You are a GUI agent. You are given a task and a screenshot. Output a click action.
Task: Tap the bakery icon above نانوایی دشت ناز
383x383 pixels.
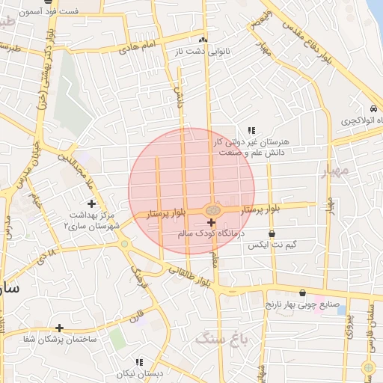[x=203, y=40]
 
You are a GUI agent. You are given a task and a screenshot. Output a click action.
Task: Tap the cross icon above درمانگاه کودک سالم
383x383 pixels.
[x=211, y=222]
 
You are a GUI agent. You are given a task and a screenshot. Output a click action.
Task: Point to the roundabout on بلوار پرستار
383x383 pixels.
[x=213, y=211]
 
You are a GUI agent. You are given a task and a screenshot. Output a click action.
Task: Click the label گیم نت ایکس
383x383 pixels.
[x=272, y=245]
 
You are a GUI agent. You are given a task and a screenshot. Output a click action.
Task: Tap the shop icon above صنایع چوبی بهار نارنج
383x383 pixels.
[x=302, y=293]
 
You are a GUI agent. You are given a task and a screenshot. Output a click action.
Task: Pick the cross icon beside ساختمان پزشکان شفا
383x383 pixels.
[x=59, y=328]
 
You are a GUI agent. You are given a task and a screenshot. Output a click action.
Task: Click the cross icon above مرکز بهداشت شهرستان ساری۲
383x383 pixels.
[x=91, y=203]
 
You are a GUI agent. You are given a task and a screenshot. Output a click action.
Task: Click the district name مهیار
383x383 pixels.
[x=335, y=171]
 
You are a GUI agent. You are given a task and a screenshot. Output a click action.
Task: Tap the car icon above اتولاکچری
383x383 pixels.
[x=374, y=107]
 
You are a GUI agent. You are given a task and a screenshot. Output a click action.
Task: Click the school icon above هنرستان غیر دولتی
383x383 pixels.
[x=252, y=130]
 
